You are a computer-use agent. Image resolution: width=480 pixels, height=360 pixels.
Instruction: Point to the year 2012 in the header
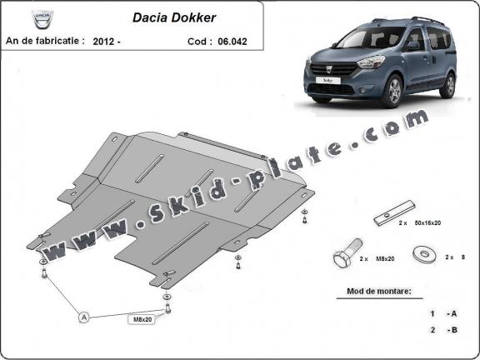(x=104, y=40)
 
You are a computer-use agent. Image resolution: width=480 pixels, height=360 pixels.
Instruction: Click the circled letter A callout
(x=83, y=317)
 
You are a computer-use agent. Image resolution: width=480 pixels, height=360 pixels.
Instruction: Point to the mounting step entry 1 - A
(x=442, y=313)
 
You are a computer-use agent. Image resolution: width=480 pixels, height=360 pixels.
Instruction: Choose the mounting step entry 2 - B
(x=442, y=331)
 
